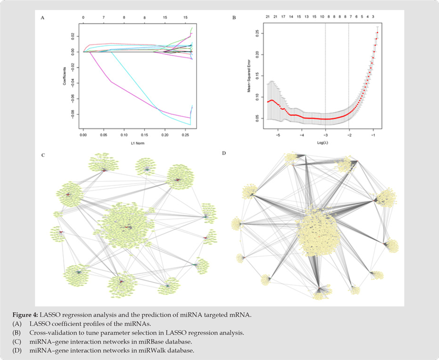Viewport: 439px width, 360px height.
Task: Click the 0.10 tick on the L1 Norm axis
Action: point(123,133)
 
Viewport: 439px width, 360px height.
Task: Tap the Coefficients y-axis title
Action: point(64,76)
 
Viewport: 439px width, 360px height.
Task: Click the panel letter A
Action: point(43,19)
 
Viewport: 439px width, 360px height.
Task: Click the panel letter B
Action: point(234,19)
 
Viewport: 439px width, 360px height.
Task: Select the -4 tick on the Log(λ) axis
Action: point(302,134)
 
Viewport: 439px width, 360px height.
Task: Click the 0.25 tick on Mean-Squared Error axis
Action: point(255,33)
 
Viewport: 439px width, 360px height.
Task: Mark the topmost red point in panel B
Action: point(377,32)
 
